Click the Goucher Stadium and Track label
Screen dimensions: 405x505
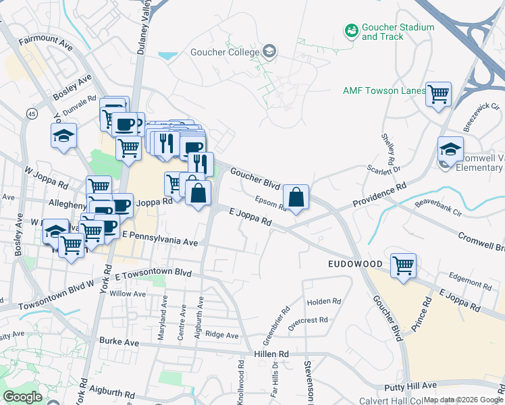[398, 32]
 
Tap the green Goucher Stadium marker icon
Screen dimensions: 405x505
[351, 30]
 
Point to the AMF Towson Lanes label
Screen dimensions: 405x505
[384, 90]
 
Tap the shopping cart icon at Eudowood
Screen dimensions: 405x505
[403, 265]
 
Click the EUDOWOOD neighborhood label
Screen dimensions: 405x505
[356, 263]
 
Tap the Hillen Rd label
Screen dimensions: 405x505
[271, 354]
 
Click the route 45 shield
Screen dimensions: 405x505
[32, 115]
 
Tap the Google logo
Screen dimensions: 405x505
[23, 396]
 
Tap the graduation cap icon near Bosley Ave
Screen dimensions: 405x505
[63, 135]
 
